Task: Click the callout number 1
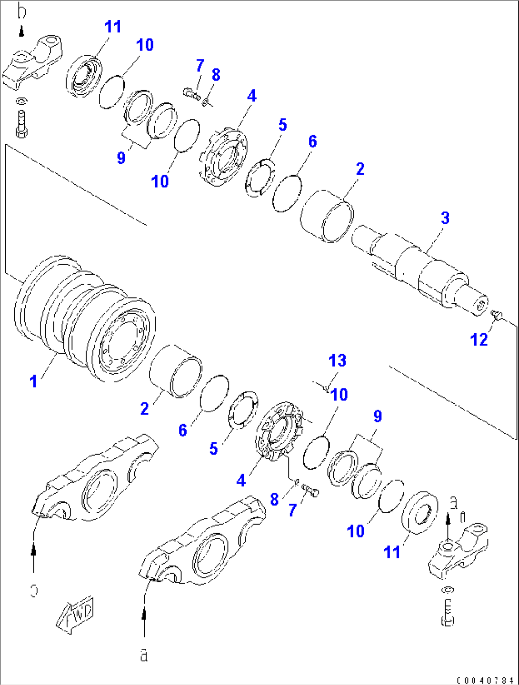33,381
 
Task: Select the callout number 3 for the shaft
445,218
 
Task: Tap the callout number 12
479,339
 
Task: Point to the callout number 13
337,360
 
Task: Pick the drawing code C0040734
485,680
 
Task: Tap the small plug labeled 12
496,314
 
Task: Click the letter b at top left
22,10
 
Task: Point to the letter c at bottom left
34,590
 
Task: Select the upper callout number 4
251,96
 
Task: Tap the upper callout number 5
282,125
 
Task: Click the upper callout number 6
312,141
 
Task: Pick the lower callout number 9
377,416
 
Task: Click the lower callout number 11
392,552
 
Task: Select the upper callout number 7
200,65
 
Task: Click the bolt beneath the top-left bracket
21,124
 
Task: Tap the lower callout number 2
144,408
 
